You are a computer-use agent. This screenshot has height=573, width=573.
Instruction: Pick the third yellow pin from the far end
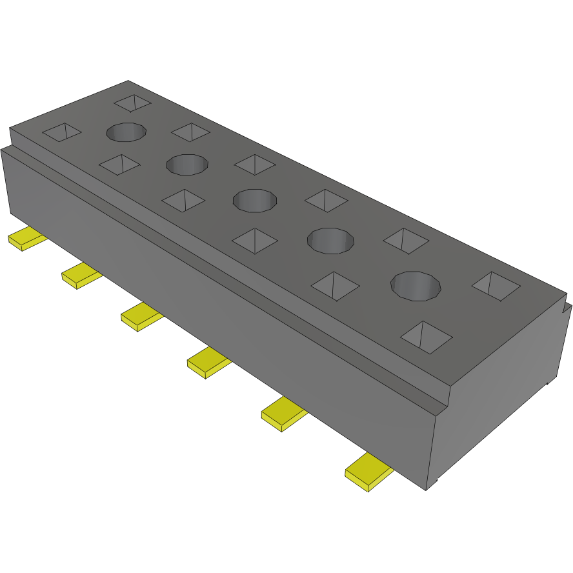tap(140, 317)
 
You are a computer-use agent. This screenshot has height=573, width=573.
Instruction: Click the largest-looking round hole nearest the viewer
tap(417, 286)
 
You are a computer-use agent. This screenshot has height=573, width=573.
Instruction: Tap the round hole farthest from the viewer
tap(126, 132)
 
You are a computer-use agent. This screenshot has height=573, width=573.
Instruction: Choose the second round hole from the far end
tap(188, 164)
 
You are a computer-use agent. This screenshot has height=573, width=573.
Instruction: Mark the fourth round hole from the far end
tap(330, 240)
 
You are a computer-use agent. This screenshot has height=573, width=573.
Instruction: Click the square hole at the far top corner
tap(132, 102)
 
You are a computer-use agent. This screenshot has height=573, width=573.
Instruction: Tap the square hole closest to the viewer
tap(427, 336)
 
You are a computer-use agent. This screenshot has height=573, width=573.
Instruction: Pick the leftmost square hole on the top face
tap(62, 132)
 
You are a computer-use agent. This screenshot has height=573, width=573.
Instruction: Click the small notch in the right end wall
tap(567, 306)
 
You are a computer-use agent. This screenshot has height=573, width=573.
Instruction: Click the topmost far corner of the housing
tap(128, 81)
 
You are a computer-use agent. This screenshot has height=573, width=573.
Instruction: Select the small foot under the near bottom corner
tap(436, 481)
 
